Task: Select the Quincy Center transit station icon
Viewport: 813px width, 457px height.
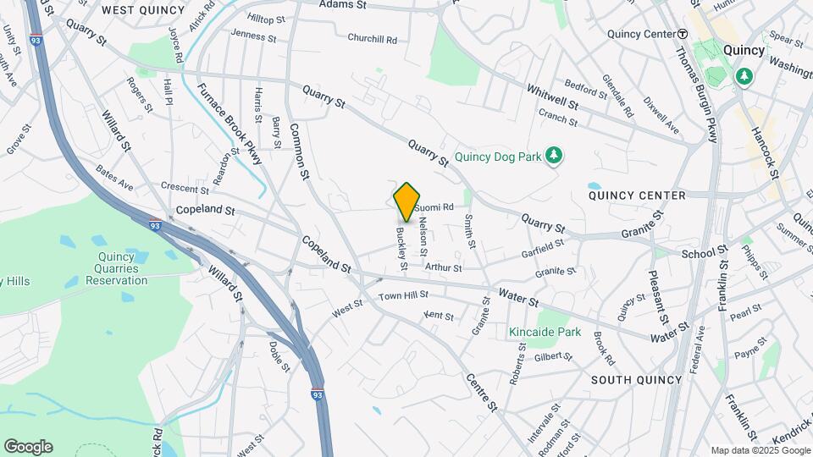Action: point(682,34)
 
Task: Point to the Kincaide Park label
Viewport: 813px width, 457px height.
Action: point(545,332)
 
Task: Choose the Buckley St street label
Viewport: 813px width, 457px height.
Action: point(401,247)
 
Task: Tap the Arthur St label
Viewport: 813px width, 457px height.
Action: point(443,267)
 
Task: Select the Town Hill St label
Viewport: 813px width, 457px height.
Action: point(403,295)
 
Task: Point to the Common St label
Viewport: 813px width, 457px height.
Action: point(300,151)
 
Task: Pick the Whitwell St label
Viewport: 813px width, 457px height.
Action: point(551,96)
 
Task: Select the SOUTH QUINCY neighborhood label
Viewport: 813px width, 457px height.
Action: point(636,379)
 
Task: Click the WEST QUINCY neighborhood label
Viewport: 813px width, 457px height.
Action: point(142,10)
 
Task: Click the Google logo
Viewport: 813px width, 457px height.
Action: point(28,446)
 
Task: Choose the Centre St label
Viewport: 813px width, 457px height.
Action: point(481,386)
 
